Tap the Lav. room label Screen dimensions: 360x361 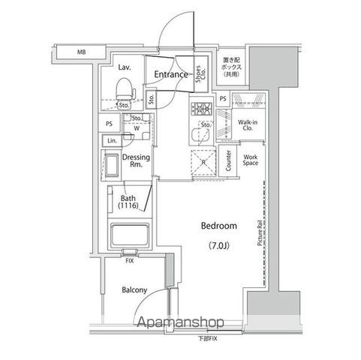click(x=124, y=67)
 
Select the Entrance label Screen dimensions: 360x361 click(x=171, y=74)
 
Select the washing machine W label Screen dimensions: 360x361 click(x=137, y=127)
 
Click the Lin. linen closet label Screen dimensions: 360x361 click(x=111, y=140)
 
